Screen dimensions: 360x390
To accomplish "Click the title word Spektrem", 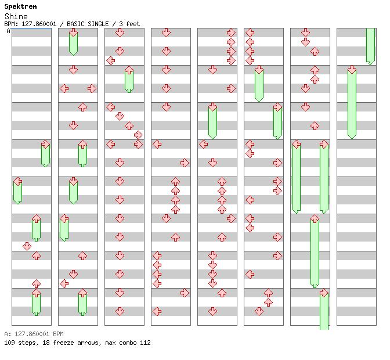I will pyautogui.click(x=20, y=6).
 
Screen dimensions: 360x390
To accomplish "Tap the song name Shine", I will pyautogui.click(x=16, y=16).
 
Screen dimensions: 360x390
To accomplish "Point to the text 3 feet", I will pyautogui.click(x=129, y=24).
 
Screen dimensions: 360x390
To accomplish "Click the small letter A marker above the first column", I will pyautogui.click(x=8, y=31).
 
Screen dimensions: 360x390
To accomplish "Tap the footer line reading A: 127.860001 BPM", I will pyautogui.click(x=34, y=334).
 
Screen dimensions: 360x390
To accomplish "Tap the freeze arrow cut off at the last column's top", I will pyautogui.click(x=370, y=45).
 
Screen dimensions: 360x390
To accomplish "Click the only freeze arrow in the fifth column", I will pyautogui.click(x=212, y=120).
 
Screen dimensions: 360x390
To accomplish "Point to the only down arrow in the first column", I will pyautogui.click(x=27, y=246).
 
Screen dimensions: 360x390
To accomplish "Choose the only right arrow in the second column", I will pyautogui.click(x=92, y=88).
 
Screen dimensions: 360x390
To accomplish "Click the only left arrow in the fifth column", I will pyautogui.click(x=203, y=144).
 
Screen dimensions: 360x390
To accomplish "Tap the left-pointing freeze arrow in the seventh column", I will pyautogui.click(x=296, y=177).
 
